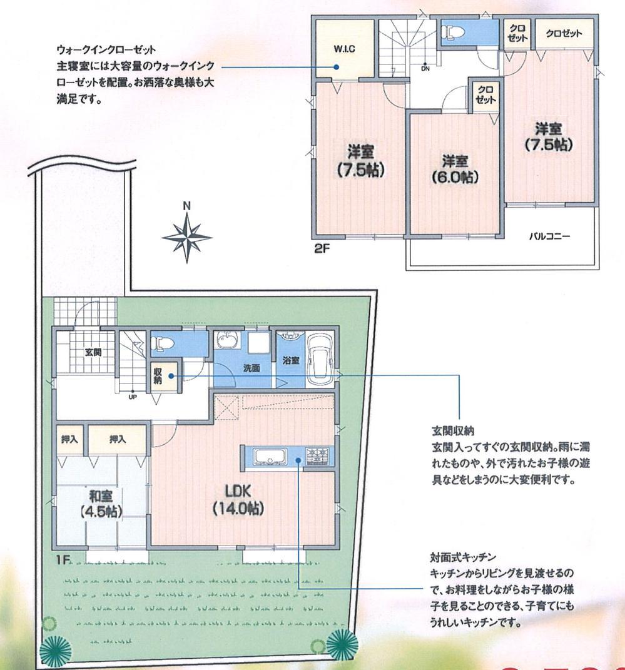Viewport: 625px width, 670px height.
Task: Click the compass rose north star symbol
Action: [x=186, y=236]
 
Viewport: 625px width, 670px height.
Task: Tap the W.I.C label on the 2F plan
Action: [x=343, y=49]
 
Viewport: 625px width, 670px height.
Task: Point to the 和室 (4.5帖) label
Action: [x=101, y=504]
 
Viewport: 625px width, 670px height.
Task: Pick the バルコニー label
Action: [x=549, y=237]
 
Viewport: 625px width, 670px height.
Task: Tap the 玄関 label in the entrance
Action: [x=93, y=352]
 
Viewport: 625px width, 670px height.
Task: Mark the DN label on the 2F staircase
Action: [x=425, y=69]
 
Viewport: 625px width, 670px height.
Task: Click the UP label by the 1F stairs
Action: [x=133, y=397]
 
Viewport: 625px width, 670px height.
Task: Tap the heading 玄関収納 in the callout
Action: [x=452, y=431]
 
